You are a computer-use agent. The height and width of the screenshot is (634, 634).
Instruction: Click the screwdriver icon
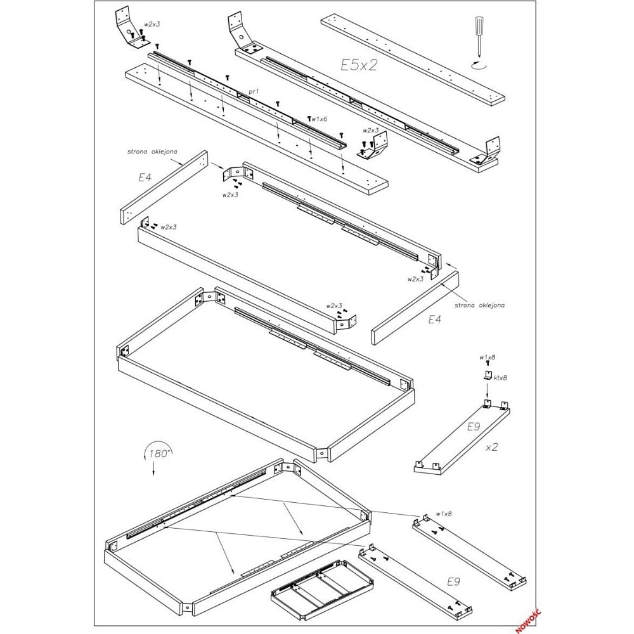coord(479,36)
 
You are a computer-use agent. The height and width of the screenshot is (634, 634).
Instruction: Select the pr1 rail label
coord(254,92)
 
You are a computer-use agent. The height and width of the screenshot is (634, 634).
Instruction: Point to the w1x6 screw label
coord(320,119)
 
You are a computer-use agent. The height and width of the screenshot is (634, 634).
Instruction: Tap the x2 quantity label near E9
coord(491,447)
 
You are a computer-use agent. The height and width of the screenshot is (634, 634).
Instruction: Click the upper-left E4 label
coord(145,177)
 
